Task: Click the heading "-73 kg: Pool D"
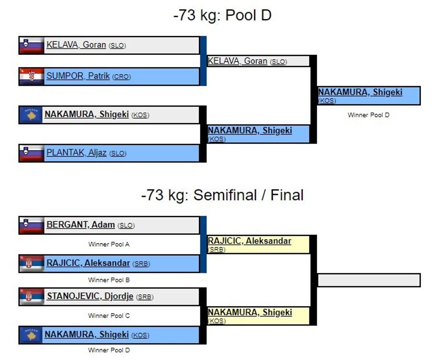click(222, 15)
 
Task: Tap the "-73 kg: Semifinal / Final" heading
click(222, 195)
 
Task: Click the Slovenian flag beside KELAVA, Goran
click(31, 45)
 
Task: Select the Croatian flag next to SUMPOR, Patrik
click(31, 77)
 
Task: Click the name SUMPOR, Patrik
click(78, 76)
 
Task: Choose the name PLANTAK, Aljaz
click(76, 153)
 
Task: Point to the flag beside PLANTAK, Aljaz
click(31, 153)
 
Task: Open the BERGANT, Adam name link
click(80, 225)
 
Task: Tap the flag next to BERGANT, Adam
click(31, 225)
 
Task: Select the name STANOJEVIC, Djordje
click(90, 297)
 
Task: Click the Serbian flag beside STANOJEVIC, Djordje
click(31, 297)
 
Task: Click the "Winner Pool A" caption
click(109, 244)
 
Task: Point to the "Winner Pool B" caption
click(109, 280)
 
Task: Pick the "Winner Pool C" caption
click(109, 316)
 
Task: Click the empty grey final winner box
click(369, 280)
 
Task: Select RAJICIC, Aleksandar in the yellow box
click(249, 241)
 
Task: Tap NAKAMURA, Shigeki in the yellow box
click(250, 312)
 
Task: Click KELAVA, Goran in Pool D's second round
click(237, 61)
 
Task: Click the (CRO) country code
click(121, 77)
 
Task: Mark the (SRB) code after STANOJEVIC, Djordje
click(145, 297)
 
